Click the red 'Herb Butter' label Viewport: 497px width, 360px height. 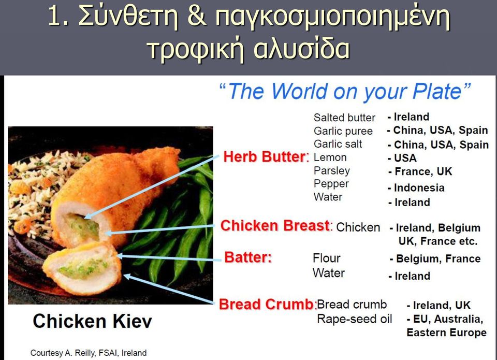[x=266, y=156]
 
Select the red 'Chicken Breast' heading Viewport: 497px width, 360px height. [x=276, y=226]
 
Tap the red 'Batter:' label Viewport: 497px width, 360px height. [x=248, y=257]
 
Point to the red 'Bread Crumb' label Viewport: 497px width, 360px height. [x=268, y=304]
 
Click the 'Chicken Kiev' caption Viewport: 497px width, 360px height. [x=92, y=321]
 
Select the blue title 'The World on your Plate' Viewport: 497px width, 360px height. [x=345, y=91]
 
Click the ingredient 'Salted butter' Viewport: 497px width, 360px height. [x=344, y=118]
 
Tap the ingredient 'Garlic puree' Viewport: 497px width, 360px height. [x=343, y=131]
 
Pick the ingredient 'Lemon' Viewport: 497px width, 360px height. [x=330, y=157]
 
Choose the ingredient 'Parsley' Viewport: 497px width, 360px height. [x=331, y=170]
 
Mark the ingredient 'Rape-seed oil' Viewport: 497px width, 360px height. [x=354, y=319]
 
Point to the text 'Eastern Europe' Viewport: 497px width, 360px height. [x=446, y=333]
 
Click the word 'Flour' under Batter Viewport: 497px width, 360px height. [x=327, y=258]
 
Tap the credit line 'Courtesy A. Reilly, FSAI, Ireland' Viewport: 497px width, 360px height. [x=89, y=353]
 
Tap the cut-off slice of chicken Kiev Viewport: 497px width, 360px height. [x=82, y=268]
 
